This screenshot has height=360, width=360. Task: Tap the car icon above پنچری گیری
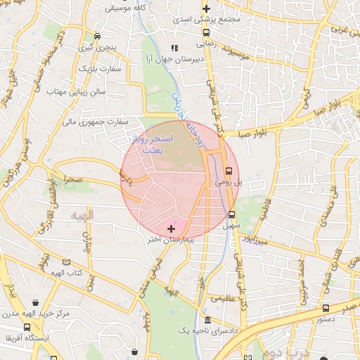click(x=96, y=37)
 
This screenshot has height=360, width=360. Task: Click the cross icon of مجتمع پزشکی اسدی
click(x=206, y=9)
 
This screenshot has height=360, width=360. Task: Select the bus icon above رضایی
click(x=206, y=32)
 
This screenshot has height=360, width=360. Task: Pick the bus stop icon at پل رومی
click(x=229, y=170)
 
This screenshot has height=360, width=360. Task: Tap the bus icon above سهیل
click(x=231, y=215)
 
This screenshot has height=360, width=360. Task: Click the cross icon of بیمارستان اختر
click(x=172, y=229)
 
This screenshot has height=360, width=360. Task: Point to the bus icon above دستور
click(x=325, y=308)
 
